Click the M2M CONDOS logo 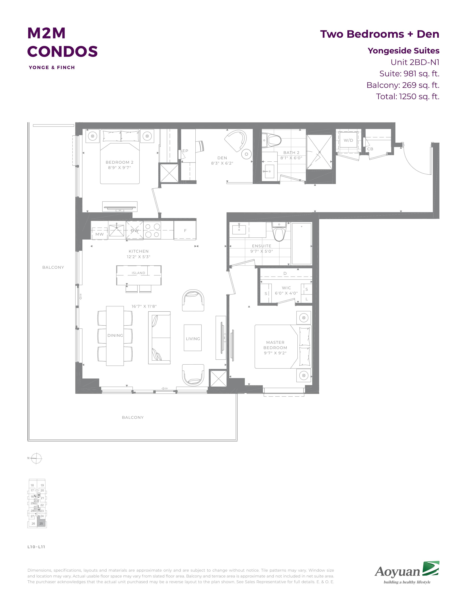click(x=62, y=47)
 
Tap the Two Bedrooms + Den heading click(x=380, y=34)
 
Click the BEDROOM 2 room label click(x=120, y=162)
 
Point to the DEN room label click(x=222, y=158)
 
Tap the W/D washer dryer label click(x=348, y=140)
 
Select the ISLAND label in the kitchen click(x=138, y=273)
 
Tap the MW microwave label click(x=100, y=234)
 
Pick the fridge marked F click(x=185, y=230)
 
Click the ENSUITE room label click(x=262, y=246)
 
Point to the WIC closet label click(x=286, y=288)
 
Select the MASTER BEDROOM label click(x=275, y=345)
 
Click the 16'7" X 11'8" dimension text click(x=144, y=306)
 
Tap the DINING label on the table click(x=115, y=335)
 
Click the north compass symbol click(x=36, y=458)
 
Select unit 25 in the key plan click(x=41, y=523)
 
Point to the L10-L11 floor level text click(x=36, y=547)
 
